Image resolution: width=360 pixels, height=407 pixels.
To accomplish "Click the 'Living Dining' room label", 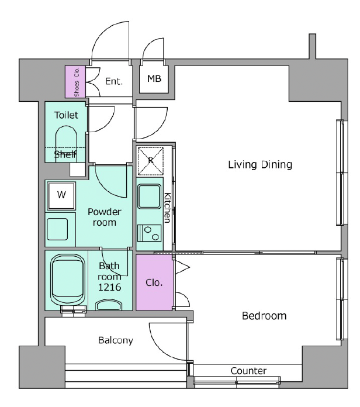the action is [260, 164].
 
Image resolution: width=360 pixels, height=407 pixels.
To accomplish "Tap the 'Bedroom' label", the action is [264, 316].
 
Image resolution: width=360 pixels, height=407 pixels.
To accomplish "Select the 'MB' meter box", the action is [154, 78].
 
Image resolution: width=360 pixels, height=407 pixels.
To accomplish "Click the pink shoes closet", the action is [75, 81].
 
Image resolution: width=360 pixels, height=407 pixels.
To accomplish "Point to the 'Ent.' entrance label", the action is [114, 81].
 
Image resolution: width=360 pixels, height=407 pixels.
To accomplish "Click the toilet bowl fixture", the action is [66, 144].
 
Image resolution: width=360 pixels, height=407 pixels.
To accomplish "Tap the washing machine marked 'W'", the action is [61, 195].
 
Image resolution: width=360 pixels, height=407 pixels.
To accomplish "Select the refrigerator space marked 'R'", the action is [150, 161].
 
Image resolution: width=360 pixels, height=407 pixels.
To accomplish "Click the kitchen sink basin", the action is [149, 196].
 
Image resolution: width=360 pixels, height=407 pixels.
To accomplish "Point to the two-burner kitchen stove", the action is [149, 233].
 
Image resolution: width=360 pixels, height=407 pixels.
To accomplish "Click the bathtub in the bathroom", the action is [68, 280].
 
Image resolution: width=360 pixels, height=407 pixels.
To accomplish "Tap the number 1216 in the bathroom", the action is [109, 287].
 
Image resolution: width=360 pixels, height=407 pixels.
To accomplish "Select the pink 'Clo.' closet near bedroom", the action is [154, 282].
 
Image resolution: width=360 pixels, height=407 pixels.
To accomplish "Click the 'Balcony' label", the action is [116, 340].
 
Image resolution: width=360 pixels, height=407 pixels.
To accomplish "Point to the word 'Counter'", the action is [248, 371].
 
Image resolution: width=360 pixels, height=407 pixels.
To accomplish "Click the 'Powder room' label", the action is [104, 217].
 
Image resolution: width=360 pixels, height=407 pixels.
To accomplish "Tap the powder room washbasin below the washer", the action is [57, 229].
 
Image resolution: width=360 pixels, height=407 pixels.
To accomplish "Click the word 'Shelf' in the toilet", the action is [65, 154].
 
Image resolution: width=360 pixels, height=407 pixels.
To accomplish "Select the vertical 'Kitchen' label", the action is [168, 208].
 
